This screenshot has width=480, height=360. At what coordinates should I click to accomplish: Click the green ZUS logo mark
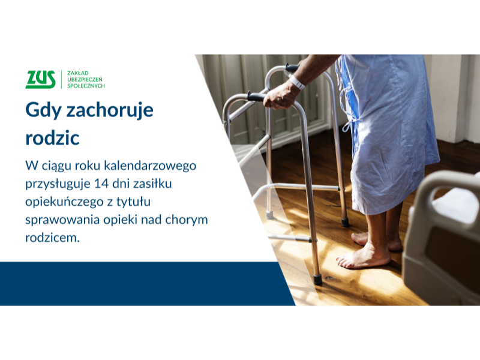click(40, 79)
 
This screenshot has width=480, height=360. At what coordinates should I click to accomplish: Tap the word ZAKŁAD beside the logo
click(78, 73)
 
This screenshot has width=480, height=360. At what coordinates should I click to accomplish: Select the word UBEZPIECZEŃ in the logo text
click(85, 80)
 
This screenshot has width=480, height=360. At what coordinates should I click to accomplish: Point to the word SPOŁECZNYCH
click(86, 86)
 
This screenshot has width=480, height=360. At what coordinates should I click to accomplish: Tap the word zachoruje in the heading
click(110, 110)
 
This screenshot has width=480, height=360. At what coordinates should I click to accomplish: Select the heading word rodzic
click(52, 137)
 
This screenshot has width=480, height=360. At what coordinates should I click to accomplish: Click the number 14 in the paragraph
click(101, 184)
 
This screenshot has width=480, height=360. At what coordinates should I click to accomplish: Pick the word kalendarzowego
click(150, 166)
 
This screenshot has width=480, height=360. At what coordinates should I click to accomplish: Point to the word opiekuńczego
click(64, 202)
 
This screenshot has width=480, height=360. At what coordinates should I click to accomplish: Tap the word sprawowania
click(62, 220)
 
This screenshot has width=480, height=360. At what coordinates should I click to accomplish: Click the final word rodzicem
click(52, 238)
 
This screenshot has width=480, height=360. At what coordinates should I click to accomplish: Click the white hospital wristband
click(296, 83)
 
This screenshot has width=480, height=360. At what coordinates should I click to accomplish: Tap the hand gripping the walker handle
click(280, 97)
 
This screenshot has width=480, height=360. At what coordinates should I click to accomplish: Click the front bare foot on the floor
click(364, 257)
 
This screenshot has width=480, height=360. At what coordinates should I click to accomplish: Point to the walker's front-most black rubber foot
click(317, 280)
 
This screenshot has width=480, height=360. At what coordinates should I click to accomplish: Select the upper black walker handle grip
click(292, 67)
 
